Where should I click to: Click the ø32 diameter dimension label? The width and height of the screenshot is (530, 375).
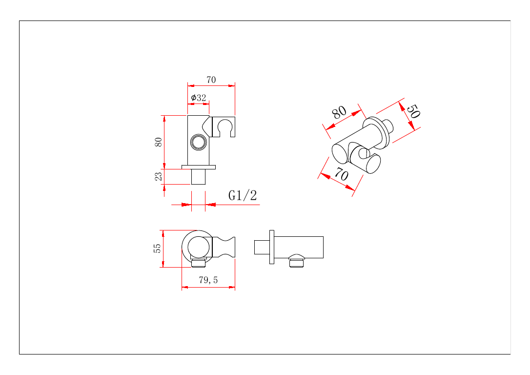point(199,98)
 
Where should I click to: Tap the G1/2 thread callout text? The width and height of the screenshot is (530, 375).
point(243,195)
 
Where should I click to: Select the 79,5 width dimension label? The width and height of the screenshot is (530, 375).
point(208,280)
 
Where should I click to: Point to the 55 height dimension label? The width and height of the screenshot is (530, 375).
point(157,249)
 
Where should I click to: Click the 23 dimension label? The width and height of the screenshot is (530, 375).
point(158,176)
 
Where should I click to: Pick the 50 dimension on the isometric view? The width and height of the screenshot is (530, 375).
point(413,111)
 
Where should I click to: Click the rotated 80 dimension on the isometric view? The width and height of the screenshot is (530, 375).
point(339,112)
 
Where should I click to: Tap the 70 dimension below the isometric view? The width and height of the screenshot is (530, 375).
point(342,174)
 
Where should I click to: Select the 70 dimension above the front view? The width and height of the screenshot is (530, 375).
point(211,80)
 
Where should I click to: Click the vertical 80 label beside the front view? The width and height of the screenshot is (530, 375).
point(158,142)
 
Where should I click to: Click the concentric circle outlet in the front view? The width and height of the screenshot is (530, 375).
point(199,142)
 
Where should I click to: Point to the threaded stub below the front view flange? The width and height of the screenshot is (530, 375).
point(199,176)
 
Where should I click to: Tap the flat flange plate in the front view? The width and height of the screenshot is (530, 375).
point(199,167)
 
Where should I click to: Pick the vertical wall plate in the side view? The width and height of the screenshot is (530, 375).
point(272,247)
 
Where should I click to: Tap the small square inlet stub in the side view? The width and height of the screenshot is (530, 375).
point(262,247)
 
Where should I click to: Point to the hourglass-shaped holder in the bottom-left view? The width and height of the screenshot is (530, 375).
point(224,247)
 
